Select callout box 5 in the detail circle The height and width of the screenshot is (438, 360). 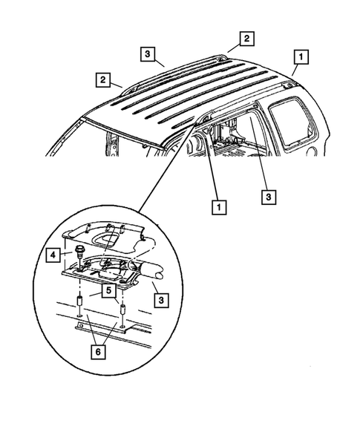pos(109,291)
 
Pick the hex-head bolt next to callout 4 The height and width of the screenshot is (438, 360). pos(78,250)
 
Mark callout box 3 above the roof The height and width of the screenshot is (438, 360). pos(148,53)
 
